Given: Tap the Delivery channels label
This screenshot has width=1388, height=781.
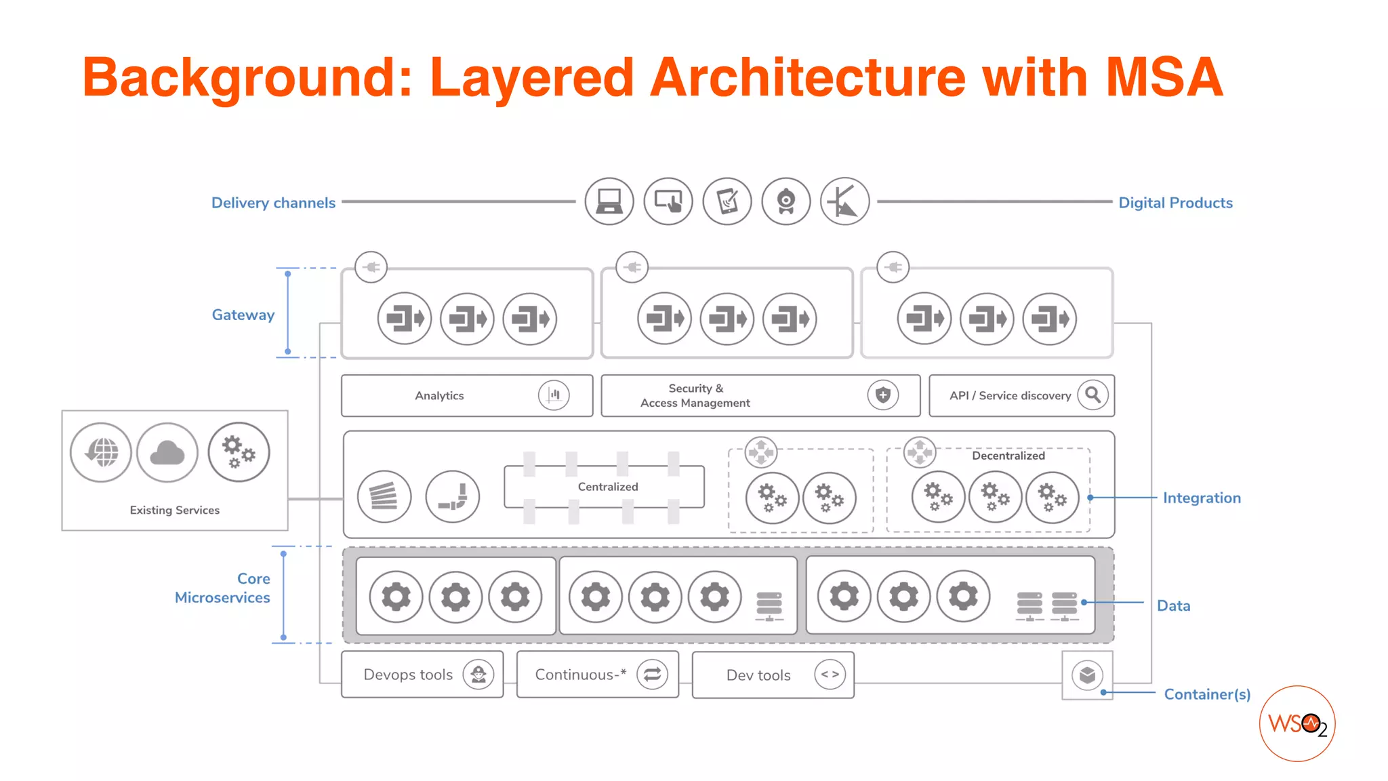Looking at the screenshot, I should tap(273, 203).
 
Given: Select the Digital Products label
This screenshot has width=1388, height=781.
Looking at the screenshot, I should tap(1175, 203).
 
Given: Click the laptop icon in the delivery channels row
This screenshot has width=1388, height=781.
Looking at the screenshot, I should tap(609, 201).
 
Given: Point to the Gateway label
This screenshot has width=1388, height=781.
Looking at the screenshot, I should tap(243, 315).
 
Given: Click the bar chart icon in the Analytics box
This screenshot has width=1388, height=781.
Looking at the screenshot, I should tap(554, 395).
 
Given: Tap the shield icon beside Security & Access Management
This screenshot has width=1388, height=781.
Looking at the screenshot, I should tap(882, 395).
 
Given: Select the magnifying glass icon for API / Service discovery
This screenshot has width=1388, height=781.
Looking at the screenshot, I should tap(1093, 395).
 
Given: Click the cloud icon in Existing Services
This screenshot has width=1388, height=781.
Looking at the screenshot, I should tap(167, 453).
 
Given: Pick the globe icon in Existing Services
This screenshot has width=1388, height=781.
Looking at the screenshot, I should tap(101, 452).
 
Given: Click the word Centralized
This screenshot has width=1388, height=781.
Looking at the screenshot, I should tap(608, 487).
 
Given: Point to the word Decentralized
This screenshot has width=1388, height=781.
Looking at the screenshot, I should tap(1008, 456).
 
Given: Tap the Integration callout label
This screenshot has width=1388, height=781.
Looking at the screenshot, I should tap(1202, 498).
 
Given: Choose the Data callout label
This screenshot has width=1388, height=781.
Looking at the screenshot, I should tap(1173, 605).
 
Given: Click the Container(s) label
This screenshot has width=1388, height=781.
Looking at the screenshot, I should tap(1207, 694).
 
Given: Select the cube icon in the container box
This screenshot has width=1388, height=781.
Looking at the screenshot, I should tap(1087, 675).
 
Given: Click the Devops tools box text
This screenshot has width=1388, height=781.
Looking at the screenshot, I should tap(408, 675).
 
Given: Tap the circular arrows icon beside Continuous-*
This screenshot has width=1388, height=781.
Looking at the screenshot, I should tap(652, 675).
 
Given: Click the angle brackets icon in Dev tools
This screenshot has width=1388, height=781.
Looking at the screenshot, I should tap(830, 675).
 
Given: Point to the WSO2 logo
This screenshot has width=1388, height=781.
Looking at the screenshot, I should tap(1297, 724).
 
